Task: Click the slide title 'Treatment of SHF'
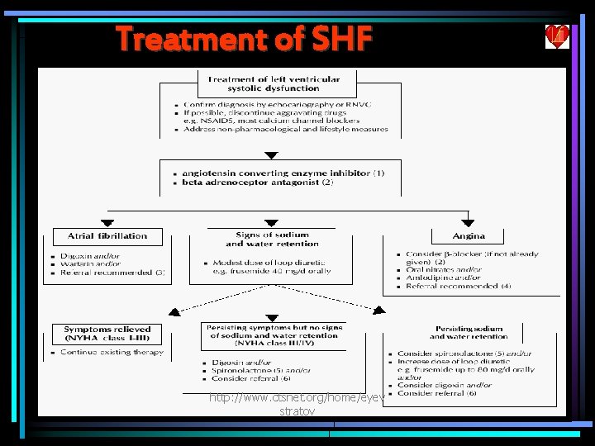point(244,38)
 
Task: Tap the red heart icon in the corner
point(555,36)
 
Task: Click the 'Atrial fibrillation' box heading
point(107,235)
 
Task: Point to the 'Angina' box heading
point(469,235)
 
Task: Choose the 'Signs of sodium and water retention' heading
point(272,240)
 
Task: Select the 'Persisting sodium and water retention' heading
point(469,333)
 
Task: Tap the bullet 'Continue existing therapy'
point(112,353)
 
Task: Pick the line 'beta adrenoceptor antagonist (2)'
point(257,183)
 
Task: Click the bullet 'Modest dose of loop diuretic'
point(264,263)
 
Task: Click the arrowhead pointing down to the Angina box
point(468,223)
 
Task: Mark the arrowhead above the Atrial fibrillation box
point(105,223)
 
